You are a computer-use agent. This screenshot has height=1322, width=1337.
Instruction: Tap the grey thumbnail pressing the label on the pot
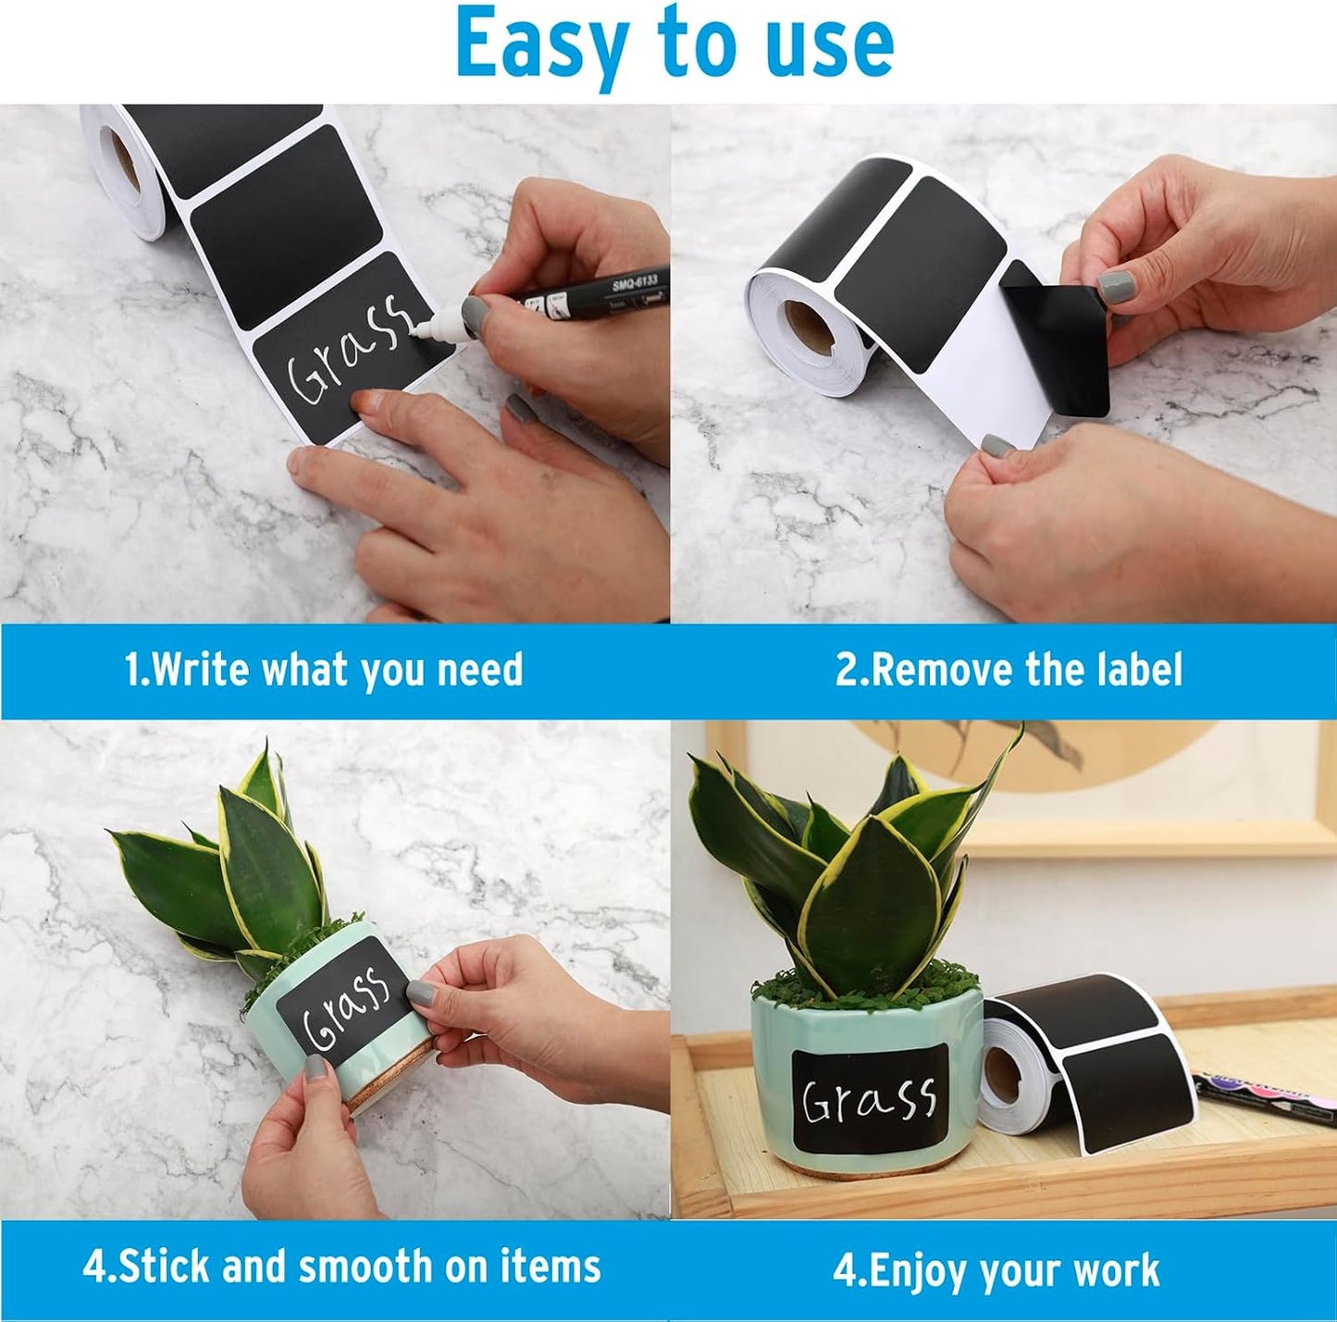click(421, 994)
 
